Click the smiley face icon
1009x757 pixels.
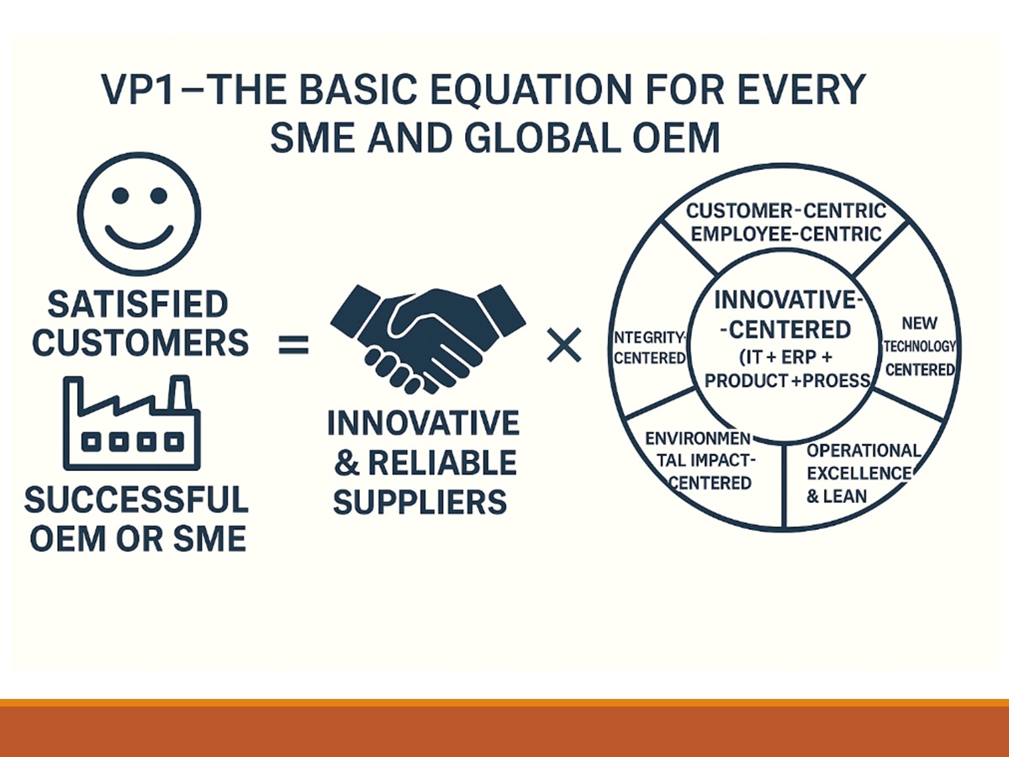(x=140, y=214)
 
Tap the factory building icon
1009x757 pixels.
(x=132, y=423)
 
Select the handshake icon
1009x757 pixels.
(x=428, y=339)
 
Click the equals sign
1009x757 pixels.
(x=293, y=345)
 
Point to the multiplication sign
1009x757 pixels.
(x=564, y=345)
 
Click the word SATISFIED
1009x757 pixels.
(x=138, y=304)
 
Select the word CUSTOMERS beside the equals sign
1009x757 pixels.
(x=140, y=343)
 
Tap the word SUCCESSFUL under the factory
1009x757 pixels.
(x=136, y=500)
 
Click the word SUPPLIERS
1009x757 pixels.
(x=420, y=501)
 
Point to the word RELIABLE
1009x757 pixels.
(x=442, y=463)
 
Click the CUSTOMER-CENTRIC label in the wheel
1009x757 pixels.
(x=786, y=211)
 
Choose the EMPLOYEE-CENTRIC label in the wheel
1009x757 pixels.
(x=786, y=235)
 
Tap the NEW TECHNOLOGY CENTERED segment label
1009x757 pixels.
(x=920, y=346)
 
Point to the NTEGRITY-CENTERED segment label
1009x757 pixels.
(x=649, y=348)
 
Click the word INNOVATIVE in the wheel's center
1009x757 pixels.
(x=785, y=300)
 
